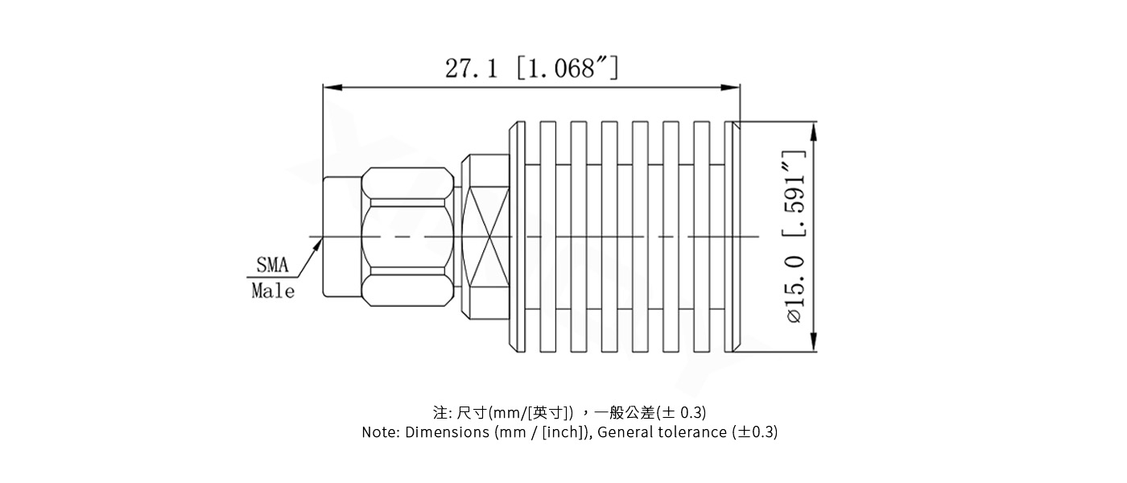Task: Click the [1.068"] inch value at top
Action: coord(567,68)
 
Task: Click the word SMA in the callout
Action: coord(272,265)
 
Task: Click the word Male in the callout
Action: coord(272,291)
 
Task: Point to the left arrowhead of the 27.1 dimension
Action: coord(328,87)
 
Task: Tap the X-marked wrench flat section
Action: coord(486,237)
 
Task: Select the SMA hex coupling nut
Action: coord(407,237)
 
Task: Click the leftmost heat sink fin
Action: coord(517,237)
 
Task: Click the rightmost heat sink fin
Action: coord(733,237)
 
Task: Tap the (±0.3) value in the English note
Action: coord(755,432)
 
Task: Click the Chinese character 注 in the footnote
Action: coord(440,412)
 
